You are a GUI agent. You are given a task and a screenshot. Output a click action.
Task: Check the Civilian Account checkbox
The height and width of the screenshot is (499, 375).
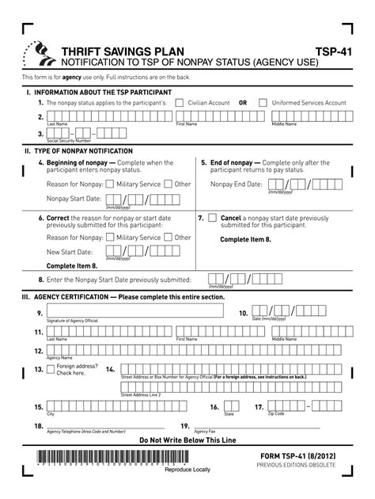180,103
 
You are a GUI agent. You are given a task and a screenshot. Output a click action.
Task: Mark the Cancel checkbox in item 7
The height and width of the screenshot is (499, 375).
213,218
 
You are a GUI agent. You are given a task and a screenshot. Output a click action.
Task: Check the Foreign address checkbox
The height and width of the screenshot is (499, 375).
51,369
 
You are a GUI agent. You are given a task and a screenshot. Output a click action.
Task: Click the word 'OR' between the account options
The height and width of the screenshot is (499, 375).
243,103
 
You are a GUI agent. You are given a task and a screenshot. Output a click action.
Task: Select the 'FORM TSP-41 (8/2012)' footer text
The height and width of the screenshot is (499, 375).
301,458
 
